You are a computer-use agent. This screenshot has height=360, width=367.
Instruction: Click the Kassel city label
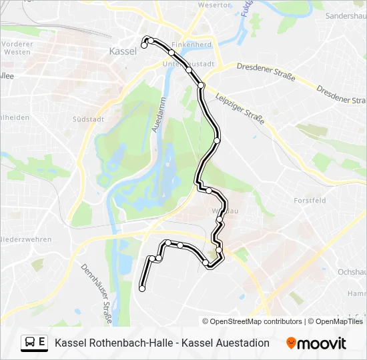[x=122, y=51]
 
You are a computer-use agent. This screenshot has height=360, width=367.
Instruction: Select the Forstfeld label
[x=310, y=200]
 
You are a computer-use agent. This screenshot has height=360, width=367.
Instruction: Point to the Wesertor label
[x=213, y=5]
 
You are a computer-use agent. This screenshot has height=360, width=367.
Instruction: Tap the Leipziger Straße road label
[x=240, y=108]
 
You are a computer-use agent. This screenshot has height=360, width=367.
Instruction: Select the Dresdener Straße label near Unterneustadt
[x=266, y=71]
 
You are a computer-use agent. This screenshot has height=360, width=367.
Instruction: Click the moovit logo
[x=316, y=343]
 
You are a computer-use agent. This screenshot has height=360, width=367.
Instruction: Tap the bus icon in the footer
[x=30, y=343]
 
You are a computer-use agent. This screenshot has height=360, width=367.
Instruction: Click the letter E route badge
[x=42, y=343]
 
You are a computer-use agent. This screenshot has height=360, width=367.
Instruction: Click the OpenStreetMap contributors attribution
[x=252, y=321]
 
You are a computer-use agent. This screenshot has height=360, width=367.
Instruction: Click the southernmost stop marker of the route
[x=142, y=289]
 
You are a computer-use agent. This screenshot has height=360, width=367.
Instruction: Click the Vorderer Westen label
[x=17, y=47]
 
